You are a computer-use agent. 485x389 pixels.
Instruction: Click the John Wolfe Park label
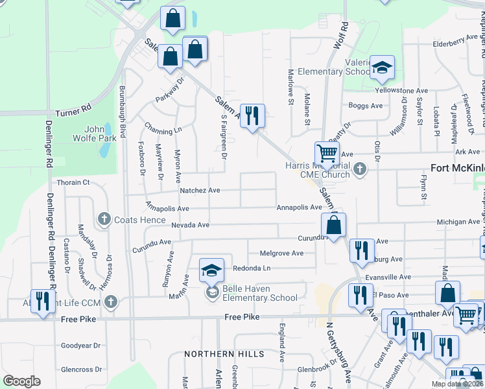click(x=99, y=133)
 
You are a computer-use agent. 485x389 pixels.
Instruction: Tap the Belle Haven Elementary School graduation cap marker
click(x=211, y=271)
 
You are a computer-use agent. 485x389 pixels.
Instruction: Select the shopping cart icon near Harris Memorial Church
click(x=327, y=154)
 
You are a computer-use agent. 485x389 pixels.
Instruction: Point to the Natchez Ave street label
click(x=200, y=191)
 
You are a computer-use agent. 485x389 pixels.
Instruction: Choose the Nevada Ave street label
click(x=191, y=225)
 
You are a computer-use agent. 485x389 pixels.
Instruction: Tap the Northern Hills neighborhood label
click(x=224, y=354)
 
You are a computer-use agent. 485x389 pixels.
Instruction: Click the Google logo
click(x=21, y=381)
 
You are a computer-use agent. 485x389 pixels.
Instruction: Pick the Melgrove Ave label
click(x=281, y=253)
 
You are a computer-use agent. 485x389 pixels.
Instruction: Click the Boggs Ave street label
click(x=366, y=106)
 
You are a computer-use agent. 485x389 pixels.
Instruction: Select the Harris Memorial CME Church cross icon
click(x=361, y=170)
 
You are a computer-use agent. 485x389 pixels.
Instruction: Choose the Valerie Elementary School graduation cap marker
click(x=383, y=67)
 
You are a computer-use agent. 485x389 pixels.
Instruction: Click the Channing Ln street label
click(x=163, y=129)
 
